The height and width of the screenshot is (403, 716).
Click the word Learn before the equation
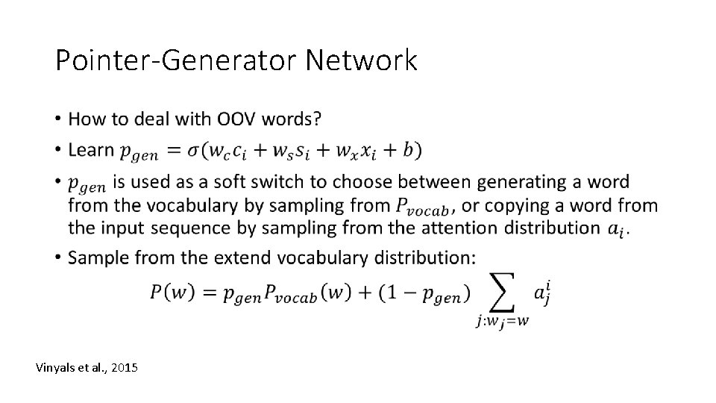pos(90,150)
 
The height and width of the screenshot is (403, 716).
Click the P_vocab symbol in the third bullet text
pos(421,204)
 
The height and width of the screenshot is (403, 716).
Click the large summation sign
pos(504,293)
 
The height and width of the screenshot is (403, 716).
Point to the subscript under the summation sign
pos(504,322)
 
